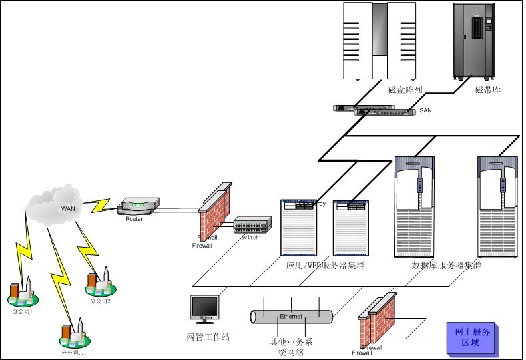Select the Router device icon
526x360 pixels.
click(138, 207)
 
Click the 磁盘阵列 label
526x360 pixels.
click(405, 90)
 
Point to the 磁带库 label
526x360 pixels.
click(488, 90)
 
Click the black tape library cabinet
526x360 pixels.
click(475, 40)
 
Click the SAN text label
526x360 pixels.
click(426, 110)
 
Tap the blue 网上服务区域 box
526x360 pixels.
click(471, 337)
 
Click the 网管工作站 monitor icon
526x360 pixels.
click(204, 309)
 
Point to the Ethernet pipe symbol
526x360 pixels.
click(291, 316)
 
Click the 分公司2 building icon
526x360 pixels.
click(99, 283)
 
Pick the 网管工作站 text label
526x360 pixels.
click(208, 337)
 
